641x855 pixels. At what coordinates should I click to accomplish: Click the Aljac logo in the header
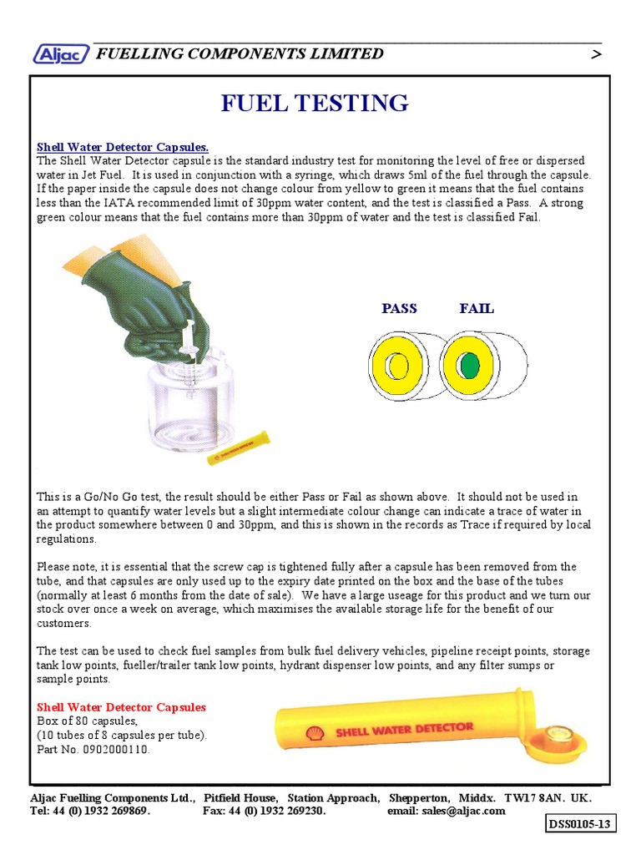click(x=61, y=54)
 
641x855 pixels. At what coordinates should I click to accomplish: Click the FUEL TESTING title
click(x=315, y=104)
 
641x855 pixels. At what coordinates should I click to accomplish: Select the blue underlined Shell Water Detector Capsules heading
click(x=122, y=147)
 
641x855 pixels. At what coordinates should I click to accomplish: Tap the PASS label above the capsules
click(x=399, y=308)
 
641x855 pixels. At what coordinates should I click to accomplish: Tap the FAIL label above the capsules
click(x=477, y=308)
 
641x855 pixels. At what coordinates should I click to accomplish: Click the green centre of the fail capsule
click(x=470, y=365)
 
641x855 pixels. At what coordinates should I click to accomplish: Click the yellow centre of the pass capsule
click(x=396, y=365)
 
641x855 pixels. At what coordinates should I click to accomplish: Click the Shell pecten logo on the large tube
click(x=316, y=733)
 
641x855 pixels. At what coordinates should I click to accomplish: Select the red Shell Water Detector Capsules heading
click(x=121, y=707)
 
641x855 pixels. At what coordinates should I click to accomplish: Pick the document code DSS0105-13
click(x=579, y=825)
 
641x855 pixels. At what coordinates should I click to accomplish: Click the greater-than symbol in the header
click(x=595, y=54)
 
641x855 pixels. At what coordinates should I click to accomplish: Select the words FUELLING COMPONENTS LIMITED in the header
click(x=240, y=54)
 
